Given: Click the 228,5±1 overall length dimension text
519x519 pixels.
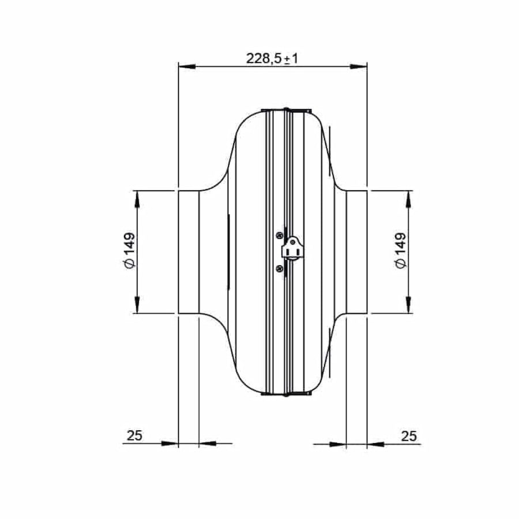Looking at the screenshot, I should tap(272, 58).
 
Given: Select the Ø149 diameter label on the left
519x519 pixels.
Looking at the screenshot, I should tap(129, 250).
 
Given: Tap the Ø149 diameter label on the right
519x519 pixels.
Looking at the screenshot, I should tap(401, 250).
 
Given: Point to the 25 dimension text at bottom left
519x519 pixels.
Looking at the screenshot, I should tap(134, 435).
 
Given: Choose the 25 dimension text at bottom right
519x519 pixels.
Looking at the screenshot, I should tap(409, 435).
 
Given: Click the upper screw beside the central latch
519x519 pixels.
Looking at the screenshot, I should tap(280, 234).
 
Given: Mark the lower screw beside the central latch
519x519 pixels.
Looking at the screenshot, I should tap(280, 268).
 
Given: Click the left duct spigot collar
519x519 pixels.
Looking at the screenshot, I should tap(188, 251).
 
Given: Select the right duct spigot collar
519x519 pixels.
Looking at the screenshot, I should tap(356, 251).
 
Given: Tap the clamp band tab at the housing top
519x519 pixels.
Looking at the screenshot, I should tap(287, 110).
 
